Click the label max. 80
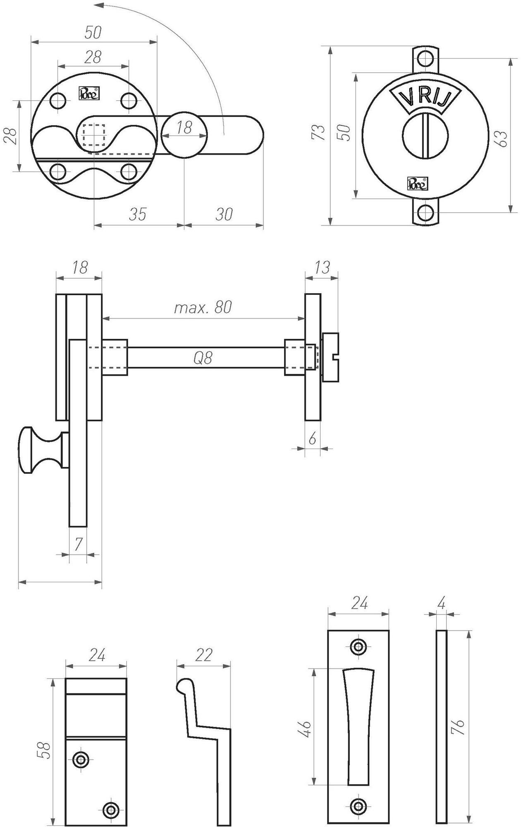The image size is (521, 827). [203, 307]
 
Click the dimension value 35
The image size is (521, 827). [138, 215]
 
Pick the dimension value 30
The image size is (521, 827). [224, 215]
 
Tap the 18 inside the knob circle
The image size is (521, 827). [184, 128]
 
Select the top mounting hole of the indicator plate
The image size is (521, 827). [425, 59]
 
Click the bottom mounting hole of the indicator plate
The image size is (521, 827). [425, 213]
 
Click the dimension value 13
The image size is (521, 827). [322, 268]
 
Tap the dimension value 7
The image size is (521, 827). [78, 544]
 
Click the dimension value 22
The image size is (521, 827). [203, 655]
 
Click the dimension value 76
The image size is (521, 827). [459, 726]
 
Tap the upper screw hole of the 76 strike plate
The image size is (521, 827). [358, 647]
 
